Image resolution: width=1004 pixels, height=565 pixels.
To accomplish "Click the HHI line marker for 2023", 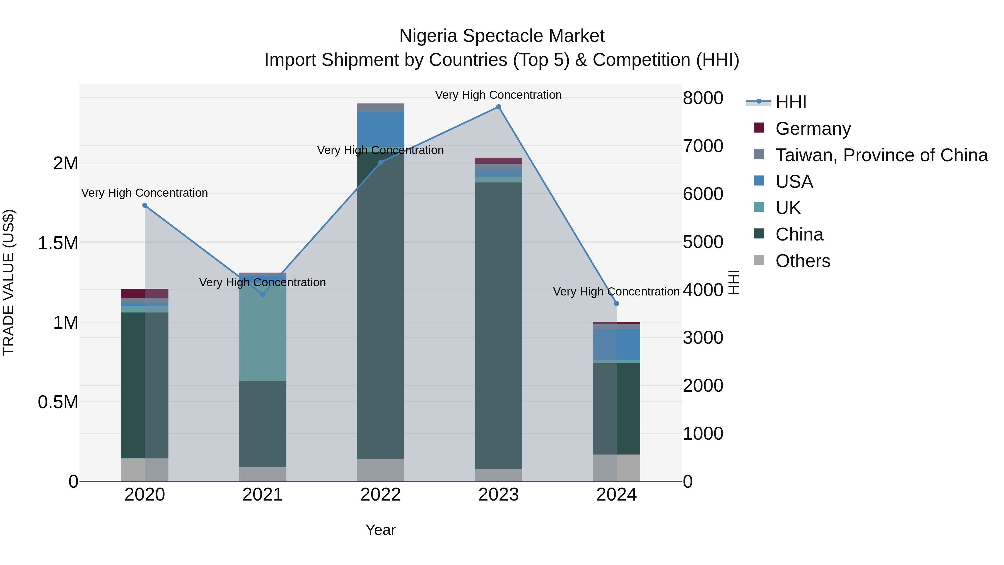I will coord(498,107).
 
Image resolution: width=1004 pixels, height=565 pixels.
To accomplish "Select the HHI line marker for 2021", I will coord(263,294).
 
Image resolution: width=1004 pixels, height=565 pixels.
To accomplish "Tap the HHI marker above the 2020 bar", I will coord(144,205).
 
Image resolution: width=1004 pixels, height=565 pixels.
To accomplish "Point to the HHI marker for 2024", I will coord(617,303).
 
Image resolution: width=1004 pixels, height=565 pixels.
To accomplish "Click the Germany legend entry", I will coord(813,129).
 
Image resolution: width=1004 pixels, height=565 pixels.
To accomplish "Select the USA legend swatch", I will coord(759,181).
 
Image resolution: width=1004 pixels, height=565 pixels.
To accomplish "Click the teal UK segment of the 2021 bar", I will coord(263,331).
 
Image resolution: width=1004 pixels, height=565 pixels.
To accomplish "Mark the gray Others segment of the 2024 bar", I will coord(617,468).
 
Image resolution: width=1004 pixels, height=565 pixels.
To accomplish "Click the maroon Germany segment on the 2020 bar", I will coord(133,293).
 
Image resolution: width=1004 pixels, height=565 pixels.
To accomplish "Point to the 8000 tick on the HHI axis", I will coord(703,98).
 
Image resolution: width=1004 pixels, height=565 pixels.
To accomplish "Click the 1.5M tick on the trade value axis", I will coord(58,243).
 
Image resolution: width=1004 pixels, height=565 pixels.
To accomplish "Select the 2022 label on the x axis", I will coord(380,495).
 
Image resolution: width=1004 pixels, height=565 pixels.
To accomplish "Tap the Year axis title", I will coord(380,530).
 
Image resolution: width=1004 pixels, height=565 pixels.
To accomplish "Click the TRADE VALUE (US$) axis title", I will coord(9,282).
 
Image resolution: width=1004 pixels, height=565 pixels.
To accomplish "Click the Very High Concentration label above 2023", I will coord(498,95).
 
